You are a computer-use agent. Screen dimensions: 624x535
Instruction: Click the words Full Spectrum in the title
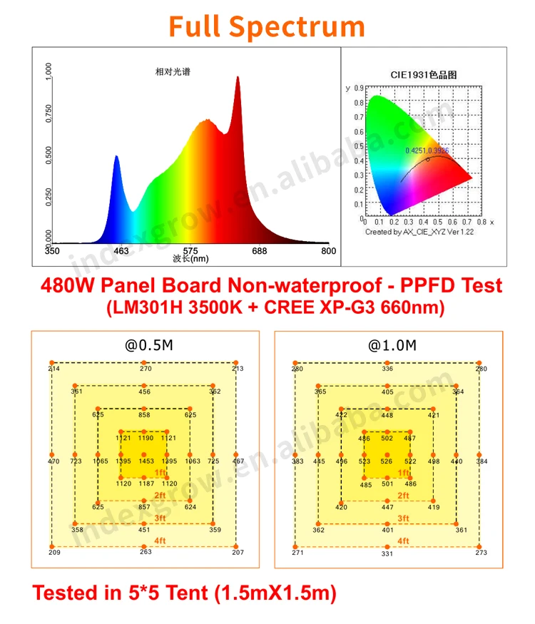coord(267,26)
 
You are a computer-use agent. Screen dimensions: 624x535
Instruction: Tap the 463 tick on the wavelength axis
coord(121,251)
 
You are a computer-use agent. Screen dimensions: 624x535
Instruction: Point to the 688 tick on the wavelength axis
coord(260,251)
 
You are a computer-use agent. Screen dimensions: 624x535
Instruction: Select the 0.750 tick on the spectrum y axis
coord(49,113)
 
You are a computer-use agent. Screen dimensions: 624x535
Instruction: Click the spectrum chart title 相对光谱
coord(173,72)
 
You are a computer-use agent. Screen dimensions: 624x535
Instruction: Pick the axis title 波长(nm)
coord(190,259)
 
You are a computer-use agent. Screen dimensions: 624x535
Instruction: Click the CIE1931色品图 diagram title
coord(423,74)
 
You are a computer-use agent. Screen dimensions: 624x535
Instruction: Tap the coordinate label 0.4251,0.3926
coord(427,150)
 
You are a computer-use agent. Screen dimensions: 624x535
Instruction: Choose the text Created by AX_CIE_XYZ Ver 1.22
coord(419,231)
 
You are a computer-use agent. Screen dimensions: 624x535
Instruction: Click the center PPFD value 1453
coord(146,461)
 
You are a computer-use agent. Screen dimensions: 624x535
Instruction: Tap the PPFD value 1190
coord(146,438)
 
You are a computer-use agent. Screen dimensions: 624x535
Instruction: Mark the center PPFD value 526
coord(387,461)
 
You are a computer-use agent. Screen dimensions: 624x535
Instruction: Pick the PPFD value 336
coord(387,369)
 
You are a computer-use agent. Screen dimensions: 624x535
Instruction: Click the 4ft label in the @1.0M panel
coord(403,541)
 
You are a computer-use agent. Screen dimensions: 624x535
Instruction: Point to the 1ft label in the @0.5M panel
coord(160,473)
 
